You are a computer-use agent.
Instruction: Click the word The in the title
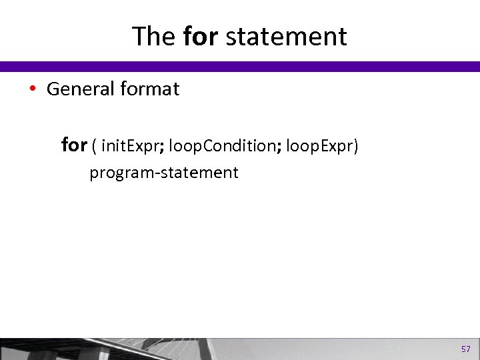(154, 37)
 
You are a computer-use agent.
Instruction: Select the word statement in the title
(287, 37)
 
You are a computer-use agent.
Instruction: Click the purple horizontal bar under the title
(240, 67)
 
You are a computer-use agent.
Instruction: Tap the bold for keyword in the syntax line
(74, 144)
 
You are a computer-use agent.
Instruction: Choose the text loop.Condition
(221, 145)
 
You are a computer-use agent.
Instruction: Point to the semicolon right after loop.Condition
(278, 147)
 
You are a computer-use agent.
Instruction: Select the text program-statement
(164, 173)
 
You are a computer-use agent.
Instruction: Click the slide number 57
(465, 349)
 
